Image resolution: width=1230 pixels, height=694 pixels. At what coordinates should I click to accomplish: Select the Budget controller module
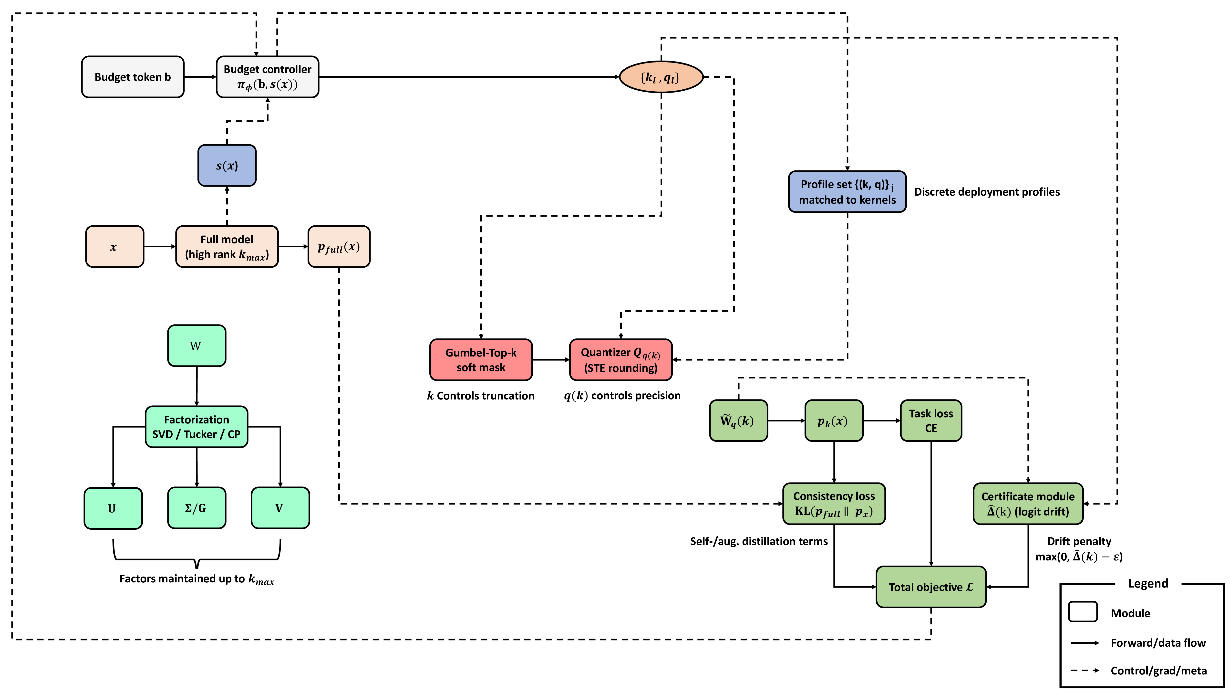coord(267,77)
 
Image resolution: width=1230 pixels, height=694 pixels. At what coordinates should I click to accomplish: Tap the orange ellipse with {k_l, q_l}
coord(661,77)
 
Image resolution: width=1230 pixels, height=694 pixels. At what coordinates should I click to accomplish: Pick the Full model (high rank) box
coord(227,246)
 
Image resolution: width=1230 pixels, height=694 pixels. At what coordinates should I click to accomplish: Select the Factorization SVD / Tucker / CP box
coord(196,427)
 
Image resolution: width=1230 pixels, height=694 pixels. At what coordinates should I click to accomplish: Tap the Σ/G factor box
coord(196,508)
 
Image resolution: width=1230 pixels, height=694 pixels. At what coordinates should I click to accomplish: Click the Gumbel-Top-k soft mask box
coord(481,360)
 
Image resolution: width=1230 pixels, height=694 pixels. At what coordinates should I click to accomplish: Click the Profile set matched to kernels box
coord(847,191)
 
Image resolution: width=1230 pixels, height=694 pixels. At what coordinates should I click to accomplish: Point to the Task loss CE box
coord(931,420)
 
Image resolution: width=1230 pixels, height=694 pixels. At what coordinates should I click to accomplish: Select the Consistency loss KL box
coord(834,504)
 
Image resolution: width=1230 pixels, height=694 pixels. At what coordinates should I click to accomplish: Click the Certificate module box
coord(1028,504)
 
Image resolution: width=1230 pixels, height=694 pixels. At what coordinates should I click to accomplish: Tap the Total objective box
coord(931,587)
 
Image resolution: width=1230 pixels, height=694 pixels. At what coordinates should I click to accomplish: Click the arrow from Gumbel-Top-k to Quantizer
coord(550,360)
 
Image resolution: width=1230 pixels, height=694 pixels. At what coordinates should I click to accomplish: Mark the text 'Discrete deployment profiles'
coord(986,191)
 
